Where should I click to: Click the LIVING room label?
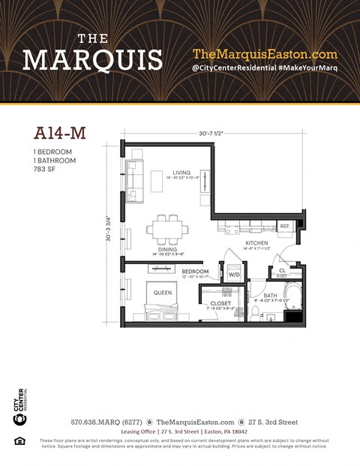point(180,172)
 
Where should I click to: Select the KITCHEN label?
point(256,243)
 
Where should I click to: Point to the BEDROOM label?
point(194,271)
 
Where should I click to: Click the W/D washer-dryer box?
point(233,274)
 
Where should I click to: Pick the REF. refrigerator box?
point(285,226)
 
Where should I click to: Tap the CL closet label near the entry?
point(282,271)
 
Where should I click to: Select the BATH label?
point(271,296)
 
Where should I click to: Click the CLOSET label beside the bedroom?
point(220,303)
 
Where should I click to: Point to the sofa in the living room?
point(134,180)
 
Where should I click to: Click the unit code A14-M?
point(60,133)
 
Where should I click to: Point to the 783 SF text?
point(46,169)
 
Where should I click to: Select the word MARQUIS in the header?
point(92,59)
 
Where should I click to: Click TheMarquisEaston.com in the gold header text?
point(265,54)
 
